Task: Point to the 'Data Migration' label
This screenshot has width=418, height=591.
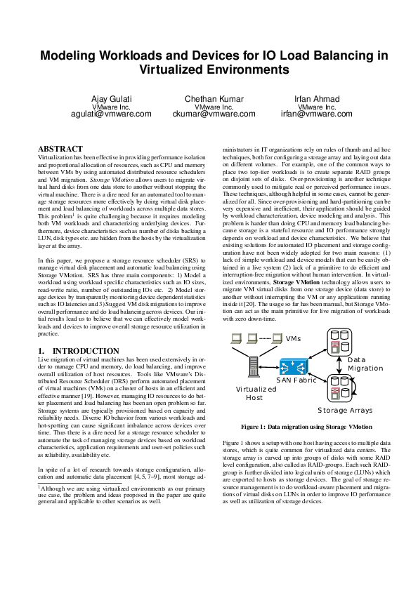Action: [x=365, y=364]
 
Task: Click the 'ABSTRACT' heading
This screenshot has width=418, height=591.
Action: [x=60, y=150]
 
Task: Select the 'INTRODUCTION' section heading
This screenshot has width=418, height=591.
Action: [x=78, y=351]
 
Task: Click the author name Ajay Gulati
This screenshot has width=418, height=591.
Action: [x=111, y=98]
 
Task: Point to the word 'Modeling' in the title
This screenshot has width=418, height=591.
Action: [x=72, y=55]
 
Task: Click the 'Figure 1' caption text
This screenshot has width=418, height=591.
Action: [x=306, y=427]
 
